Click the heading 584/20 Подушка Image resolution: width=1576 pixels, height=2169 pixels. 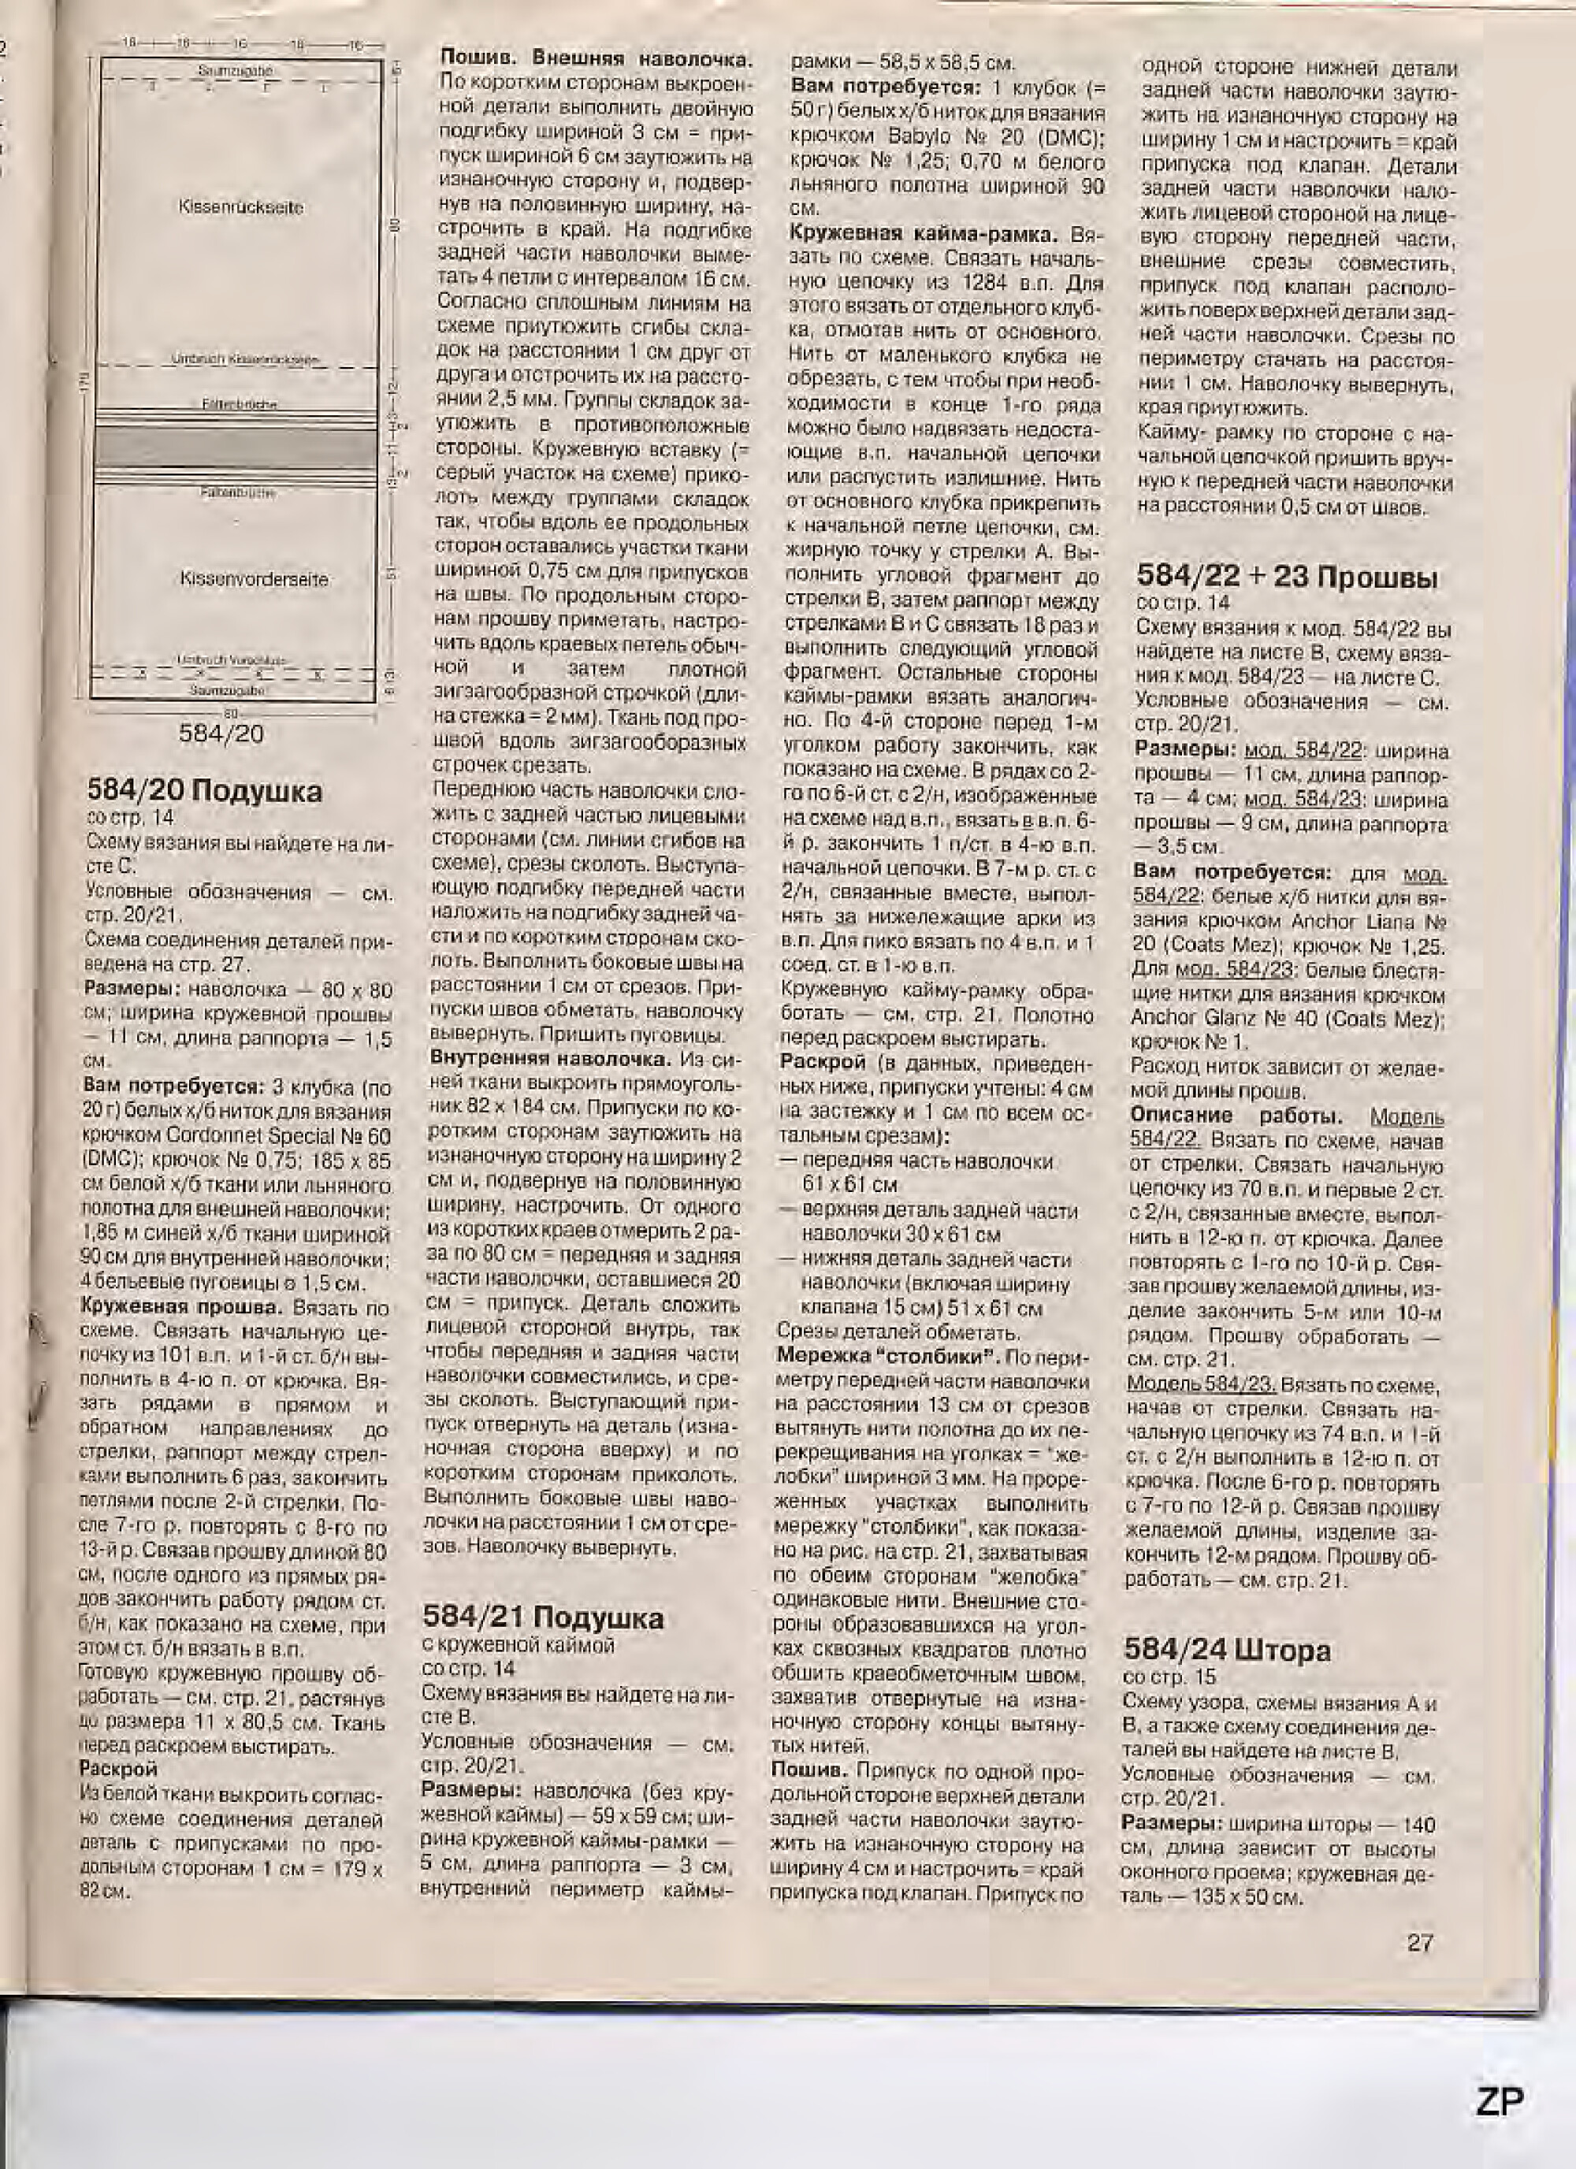point(205,791)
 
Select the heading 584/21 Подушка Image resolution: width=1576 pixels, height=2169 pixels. point(542,1617)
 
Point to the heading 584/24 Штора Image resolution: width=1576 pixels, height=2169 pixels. point(1226,1650)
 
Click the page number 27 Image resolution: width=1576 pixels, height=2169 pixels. point(1420,1942)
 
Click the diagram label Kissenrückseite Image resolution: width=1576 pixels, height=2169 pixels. point(241,206)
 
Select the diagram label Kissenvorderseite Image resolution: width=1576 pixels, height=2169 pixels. point(254,578)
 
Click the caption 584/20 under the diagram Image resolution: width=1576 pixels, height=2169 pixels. point(221,734)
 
